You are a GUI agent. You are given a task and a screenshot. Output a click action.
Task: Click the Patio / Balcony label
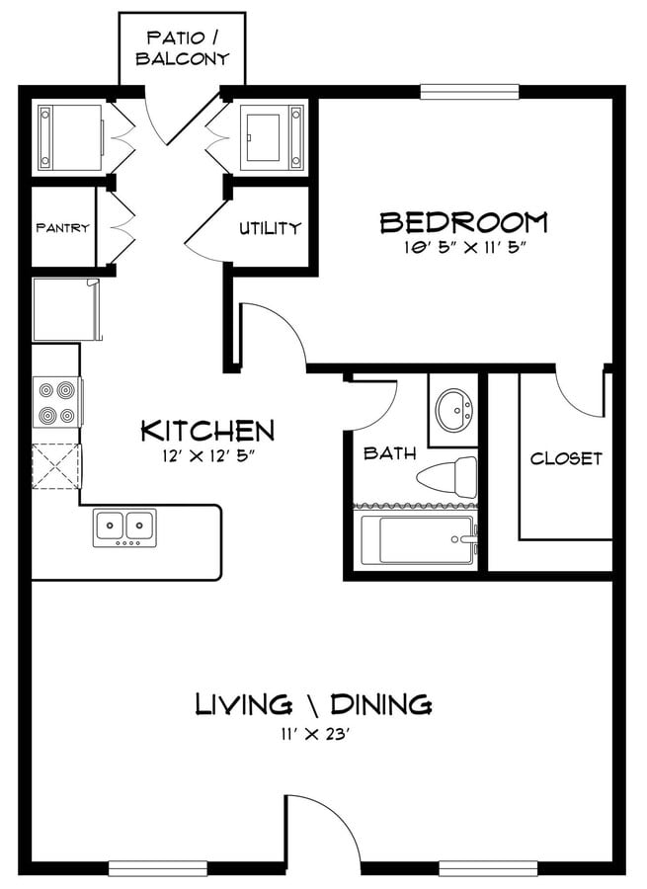click(x=183, y=48)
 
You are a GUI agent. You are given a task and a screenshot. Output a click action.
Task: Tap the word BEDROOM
click(x=464, y=222)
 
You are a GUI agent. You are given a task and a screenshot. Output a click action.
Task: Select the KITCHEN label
click(x=207, y=431)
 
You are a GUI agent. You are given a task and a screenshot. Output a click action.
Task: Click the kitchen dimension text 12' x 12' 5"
click(x=206, y=455)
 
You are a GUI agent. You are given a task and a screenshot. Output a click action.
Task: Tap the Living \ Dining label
click(x=313, y=704)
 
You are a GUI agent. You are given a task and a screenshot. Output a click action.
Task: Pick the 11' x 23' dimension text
click(x=313, y=734)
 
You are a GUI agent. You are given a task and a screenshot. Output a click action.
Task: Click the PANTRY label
click(x=63, y=228)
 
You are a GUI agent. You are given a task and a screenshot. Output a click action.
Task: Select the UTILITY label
click(x=270, y=228)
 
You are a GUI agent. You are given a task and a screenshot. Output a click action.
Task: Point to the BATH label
click(x=389, y=453)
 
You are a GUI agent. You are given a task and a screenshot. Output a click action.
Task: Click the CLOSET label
click(x=566, y=458)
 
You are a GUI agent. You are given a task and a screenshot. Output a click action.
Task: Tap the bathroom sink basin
click(x=454, y=411)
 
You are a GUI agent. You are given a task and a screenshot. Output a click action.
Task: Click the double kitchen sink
click(x=124, y=527)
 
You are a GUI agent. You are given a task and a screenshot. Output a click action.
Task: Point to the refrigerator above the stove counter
click(x=66, y=309)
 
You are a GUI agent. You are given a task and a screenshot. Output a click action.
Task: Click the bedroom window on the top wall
click(x=469, y=91)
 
